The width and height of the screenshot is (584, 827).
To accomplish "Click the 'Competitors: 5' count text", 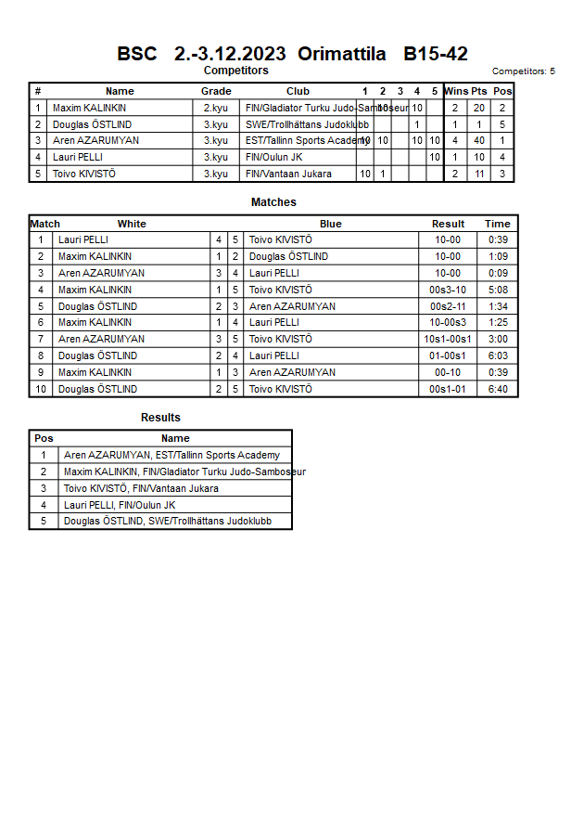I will (524, 71).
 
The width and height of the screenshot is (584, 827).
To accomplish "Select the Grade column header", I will (216, 91).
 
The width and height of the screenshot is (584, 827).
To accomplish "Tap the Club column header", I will (298, 91).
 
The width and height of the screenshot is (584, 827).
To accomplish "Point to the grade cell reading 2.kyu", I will (216, 108).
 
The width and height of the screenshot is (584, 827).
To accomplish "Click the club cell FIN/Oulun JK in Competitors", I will (274, 157).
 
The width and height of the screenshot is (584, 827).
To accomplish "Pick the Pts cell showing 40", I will (478, 141).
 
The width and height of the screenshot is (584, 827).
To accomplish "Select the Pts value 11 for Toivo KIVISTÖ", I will (478, 174).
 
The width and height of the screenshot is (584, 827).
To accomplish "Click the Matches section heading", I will (273, 202).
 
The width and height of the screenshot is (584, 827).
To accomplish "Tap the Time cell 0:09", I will (497, 273).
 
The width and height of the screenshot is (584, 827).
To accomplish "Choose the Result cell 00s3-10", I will (448, 290).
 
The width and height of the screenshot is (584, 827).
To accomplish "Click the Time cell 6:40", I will (497, 389).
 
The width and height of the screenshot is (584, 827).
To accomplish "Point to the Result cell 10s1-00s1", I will (448, 339).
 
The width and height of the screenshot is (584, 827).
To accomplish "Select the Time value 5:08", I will (497, 290).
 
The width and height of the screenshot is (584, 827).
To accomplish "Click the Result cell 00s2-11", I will (448, 306).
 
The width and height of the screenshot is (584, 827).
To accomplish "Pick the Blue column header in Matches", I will (331, 224).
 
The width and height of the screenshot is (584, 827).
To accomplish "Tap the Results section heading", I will (160, 418).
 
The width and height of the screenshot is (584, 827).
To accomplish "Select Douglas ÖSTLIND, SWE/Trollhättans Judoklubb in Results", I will (168, 521).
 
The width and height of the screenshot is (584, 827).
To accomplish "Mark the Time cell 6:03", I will (497, 355).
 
